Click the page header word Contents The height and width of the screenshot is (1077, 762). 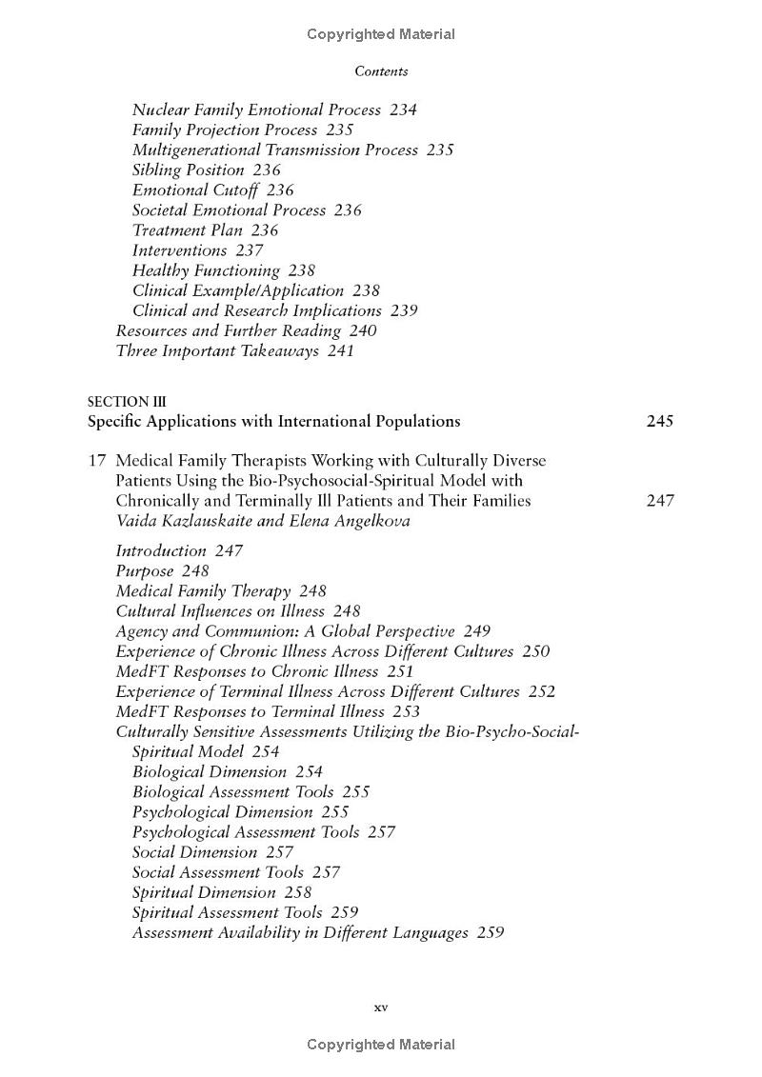pos(381,71)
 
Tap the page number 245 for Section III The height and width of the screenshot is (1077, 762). pos(659,421)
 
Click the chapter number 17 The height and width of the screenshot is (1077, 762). pos(96,461)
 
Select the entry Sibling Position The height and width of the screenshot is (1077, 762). pos(189,170)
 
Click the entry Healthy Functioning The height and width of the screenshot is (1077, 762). pos(206,270)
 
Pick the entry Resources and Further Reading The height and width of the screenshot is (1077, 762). pos(228,330)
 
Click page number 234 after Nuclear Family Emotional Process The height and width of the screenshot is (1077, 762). pos(403,110)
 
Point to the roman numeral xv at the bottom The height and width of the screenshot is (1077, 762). pos(381,1007)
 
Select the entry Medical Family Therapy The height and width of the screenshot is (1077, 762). pos(203,591)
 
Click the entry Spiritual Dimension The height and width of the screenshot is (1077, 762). pos(204,892)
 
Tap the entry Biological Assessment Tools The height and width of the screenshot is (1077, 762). pos(232,792)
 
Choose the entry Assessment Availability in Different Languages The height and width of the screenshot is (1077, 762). pos(300,932)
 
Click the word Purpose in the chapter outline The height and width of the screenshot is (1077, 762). pos(145,571)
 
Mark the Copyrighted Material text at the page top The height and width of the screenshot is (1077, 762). pos(381,34)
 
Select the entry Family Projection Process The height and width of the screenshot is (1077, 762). pos(225,130)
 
